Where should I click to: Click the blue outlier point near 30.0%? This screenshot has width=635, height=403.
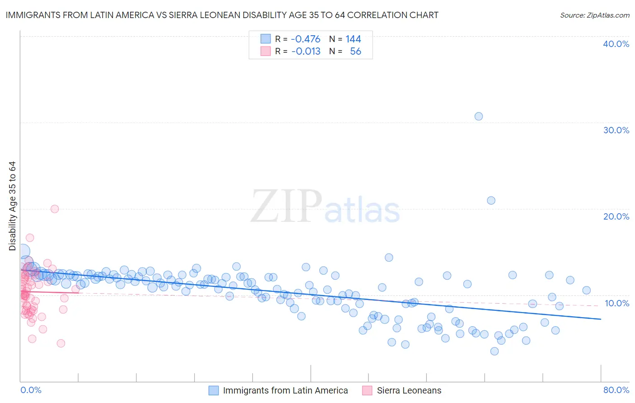(479, 116)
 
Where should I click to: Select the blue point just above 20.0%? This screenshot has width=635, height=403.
(491, 200)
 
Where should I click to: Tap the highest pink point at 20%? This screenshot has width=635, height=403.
(55, 209)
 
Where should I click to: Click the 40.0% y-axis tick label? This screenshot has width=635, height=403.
(616, 44)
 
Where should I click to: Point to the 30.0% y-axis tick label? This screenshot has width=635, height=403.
(616, 130)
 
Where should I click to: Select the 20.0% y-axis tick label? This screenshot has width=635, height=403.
(616, 216)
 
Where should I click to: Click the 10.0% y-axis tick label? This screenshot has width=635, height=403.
(616, 303)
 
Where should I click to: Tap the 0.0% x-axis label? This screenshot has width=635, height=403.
(31, 390)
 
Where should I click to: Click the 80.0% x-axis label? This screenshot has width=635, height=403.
(616, 390)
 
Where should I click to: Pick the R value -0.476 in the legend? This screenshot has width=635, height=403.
(306, 39)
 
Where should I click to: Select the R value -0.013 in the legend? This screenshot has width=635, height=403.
(306, 52)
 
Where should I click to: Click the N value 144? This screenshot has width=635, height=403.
(353, 39)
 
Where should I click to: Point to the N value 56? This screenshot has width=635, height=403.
(355, 52)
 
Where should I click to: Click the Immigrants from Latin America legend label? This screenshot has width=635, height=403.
(285, 390)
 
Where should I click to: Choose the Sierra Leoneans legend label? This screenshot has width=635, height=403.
(409, 390)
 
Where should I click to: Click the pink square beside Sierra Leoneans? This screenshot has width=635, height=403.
(367, 390)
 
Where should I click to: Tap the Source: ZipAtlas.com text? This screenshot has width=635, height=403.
(594, 15)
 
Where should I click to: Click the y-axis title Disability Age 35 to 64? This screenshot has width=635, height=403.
(13, 206)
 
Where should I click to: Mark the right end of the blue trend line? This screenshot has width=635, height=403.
(601, 319)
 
